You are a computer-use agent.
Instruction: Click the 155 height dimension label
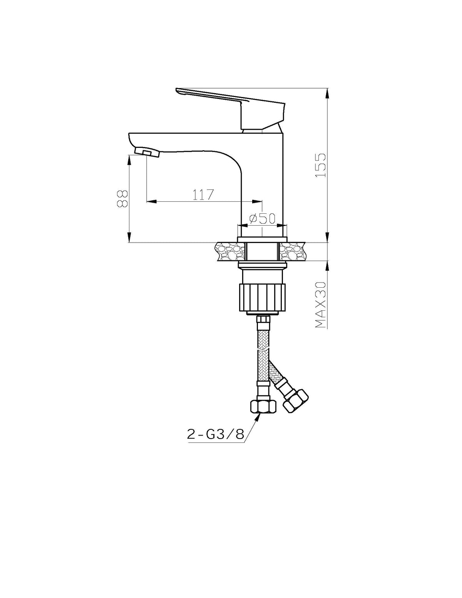[x=321, y=165]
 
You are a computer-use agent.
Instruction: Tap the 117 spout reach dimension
[x=203, y=195]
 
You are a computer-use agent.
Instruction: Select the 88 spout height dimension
[x=122, y=198]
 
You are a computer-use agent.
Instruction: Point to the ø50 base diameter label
[x=262, y=218]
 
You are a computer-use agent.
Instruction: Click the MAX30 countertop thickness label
[x=321, y=305]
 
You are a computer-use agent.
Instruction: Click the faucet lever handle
[x=231, y=108]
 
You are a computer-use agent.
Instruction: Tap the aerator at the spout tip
[x=147, y=152]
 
